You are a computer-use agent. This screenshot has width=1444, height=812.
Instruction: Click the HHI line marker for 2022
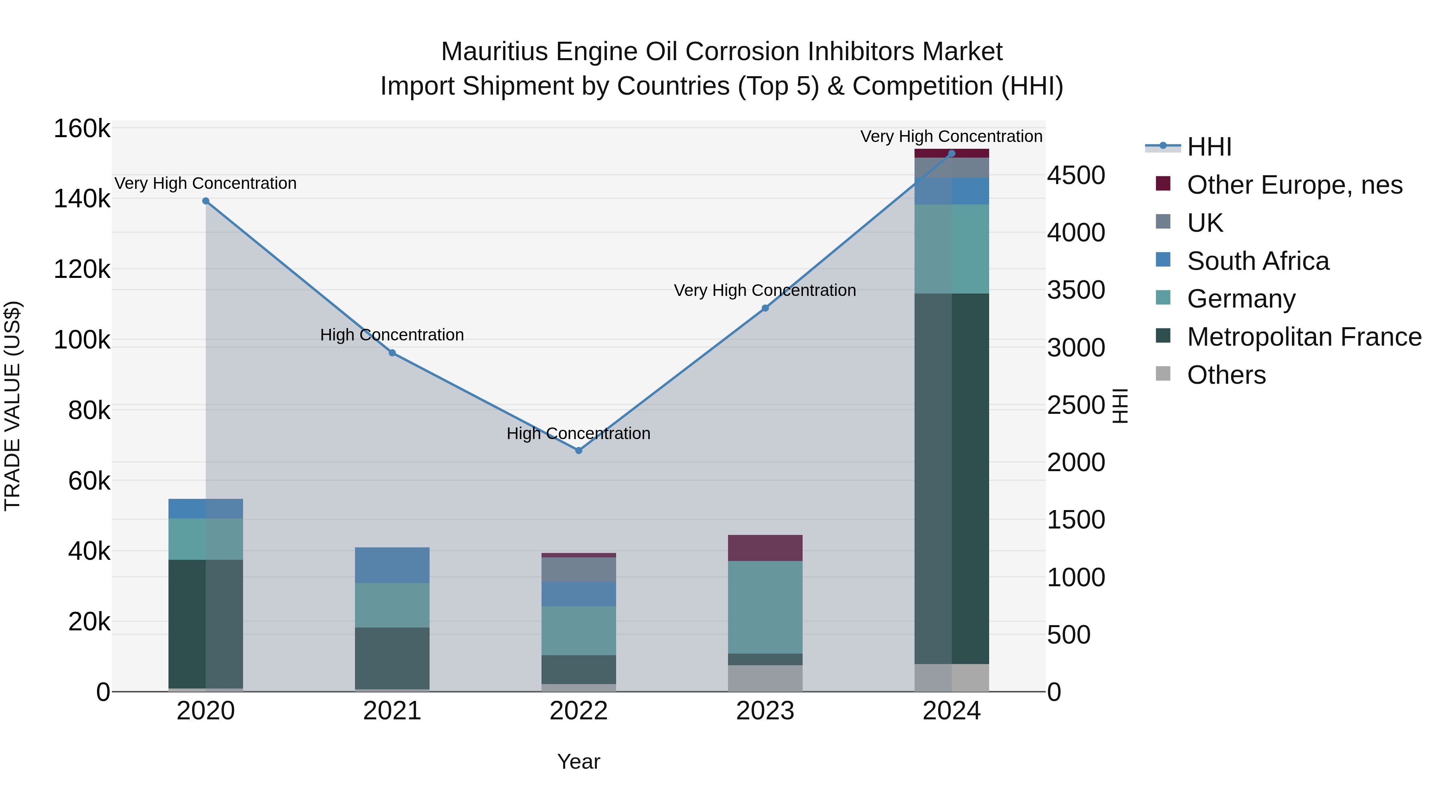point(578,451)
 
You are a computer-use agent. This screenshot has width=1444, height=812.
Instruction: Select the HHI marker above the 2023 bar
point(765,308)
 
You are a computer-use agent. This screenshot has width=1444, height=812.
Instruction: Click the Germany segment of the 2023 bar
point(765,607)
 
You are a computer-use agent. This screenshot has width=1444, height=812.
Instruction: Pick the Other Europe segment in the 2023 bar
point(765,548)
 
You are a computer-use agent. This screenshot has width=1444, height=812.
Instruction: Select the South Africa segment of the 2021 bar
point(392,565)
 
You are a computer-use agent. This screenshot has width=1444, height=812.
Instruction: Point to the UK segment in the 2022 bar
point(578,569)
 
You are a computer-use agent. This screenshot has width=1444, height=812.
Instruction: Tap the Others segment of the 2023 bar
point(765,678)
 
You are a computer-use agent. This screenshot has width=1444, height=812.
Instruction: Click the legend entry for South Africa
point(1257,261)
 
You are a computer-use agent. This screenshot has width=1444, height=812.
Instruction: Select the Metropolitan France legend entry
point(1304,337)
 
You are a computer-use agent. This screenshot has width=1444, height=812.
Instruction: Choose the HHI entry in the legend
point(1209,147)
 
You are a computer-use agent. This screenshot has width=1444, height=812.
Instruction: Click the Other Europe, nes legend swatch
point(1163,184)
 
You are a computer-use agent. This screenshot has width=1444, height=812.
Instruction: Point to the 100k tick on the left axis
point(82,340)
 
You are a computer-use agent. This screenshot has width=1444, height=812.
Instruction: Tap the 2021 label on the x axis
point(392,711)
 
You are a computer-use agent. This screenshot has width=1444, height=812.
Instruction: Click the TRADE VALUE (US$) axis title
point(12,406)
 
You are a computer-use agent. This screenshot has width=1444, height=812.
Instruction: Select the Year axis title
point(578,761)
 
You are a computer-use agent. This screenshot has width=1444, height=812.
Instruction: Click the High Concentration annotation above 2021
point(392,335)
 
